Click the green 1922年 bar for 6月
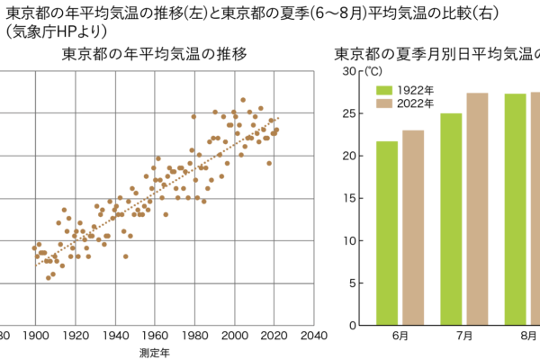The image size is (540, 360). tap(387, 233)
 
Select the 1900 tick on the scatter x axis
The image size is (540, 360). tap(35, 336)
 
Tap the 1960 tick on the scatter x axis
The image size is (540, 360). tap(154, 336)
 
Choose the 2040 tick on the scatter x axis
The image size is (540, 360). tap(312, 336)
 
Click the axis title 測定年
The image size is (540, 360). tap(155, 352)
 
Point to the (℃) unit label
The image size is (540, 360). tap(370, 70)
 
